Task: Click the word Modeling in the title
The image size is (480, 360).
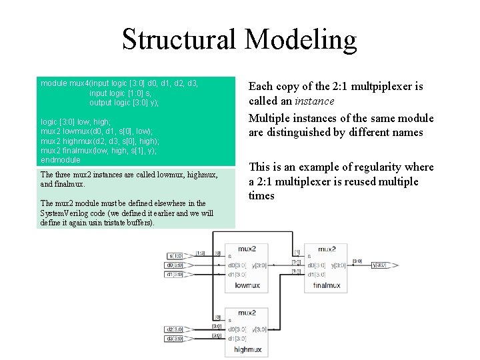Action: [301, 40]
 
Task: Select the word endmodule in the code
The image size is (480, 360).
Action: [60, 160]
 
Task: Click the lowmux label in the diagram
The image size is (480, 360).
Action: [247, 285]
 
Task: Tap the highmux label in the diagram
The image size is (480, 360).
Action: [247, 349]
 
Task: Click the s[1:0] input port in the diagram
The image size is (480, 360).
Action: [176, 256]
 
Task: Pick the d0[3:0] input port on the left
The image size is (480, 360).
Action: [176, 265]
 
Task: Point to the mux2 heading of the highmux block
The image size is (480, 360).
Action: [247, 312]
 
